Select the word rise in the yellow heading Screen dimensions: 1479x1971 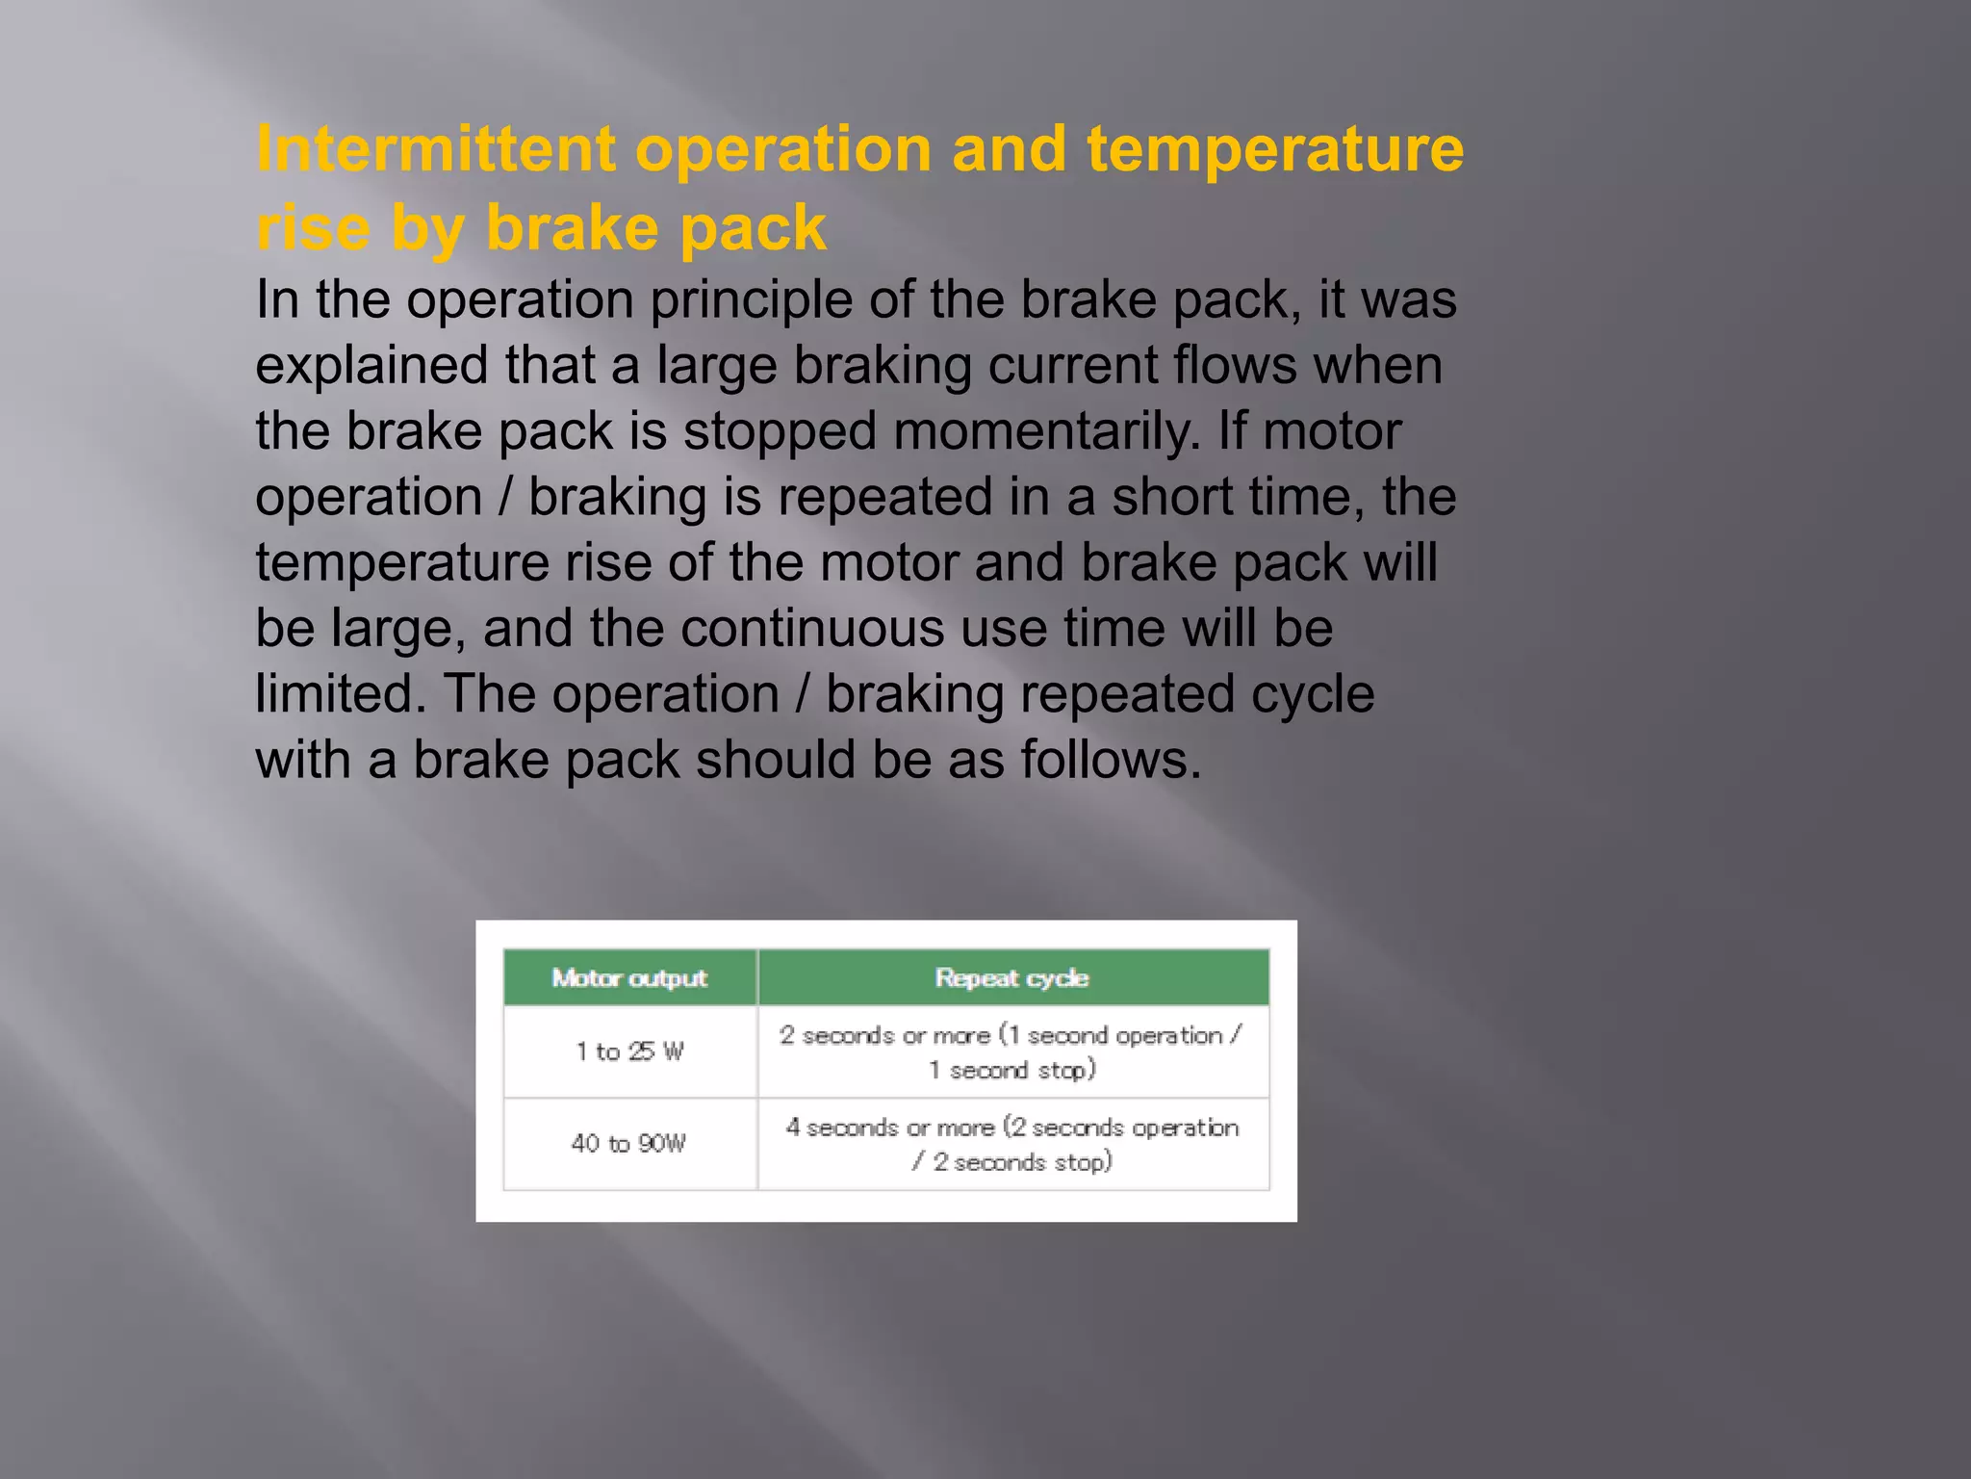click(x=313, y=228)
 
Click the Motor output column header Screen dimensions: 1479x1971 click(x=629, y=978)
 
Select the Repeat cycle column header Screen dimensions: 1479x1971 click(x=1011, y=978)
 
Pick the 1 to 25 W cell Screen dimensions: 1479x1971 click(x=629, y=1051)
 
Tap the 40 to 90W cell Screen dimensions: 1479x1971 click(x=629, y=1144)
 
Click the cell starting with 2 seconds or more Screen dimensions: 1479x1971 click(x=1011, y=1051)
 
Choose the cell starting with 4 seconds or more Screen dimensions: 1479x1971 click(x=1011, y=1144)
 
